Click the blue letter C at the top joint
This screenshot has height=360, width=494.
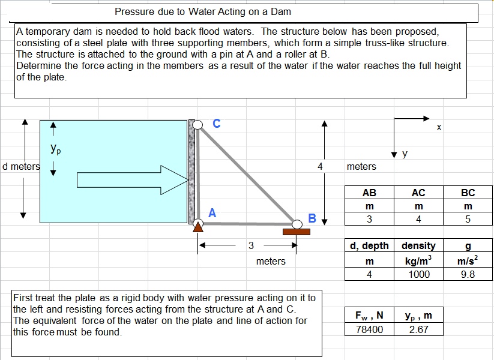click(x=216, y=124)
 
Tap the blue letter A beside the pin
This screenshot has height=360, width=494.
click(x=212, y=212)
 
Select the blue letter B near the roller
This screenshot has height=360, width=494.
click(x=312, y=217)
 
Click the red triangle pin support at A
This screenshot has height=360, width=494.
click(x=197, y=227)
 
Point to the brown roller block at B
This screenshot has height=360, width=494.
click(x=297, y=231)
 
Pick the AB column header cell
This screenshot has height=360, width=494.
click(x=369, y=193)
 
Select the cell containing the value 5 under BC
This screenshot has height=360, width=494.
click(x=468, y=219)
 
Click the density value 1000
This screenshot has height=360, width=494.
click(x=418, y=274)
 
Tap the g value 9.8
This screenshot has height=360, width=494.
click(x=468, y=274)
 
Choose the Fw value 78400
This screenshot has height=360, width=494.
click(x=369, y=329)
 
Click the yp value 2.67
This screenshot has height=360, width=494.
click(x=418, y=329)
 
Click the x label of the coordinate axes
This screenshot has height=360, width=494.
click(x=439, y=127)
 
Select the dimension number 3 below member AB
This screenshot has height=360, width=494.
click(x=251, y=245)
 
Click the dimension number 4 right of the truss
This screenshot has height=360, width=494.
click(x=320, y=166)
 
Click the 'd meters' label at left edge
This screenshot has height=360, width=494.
click(x=20, y=166)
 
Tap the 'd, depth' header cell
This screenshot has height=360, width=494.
click(x=369, y=245)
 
